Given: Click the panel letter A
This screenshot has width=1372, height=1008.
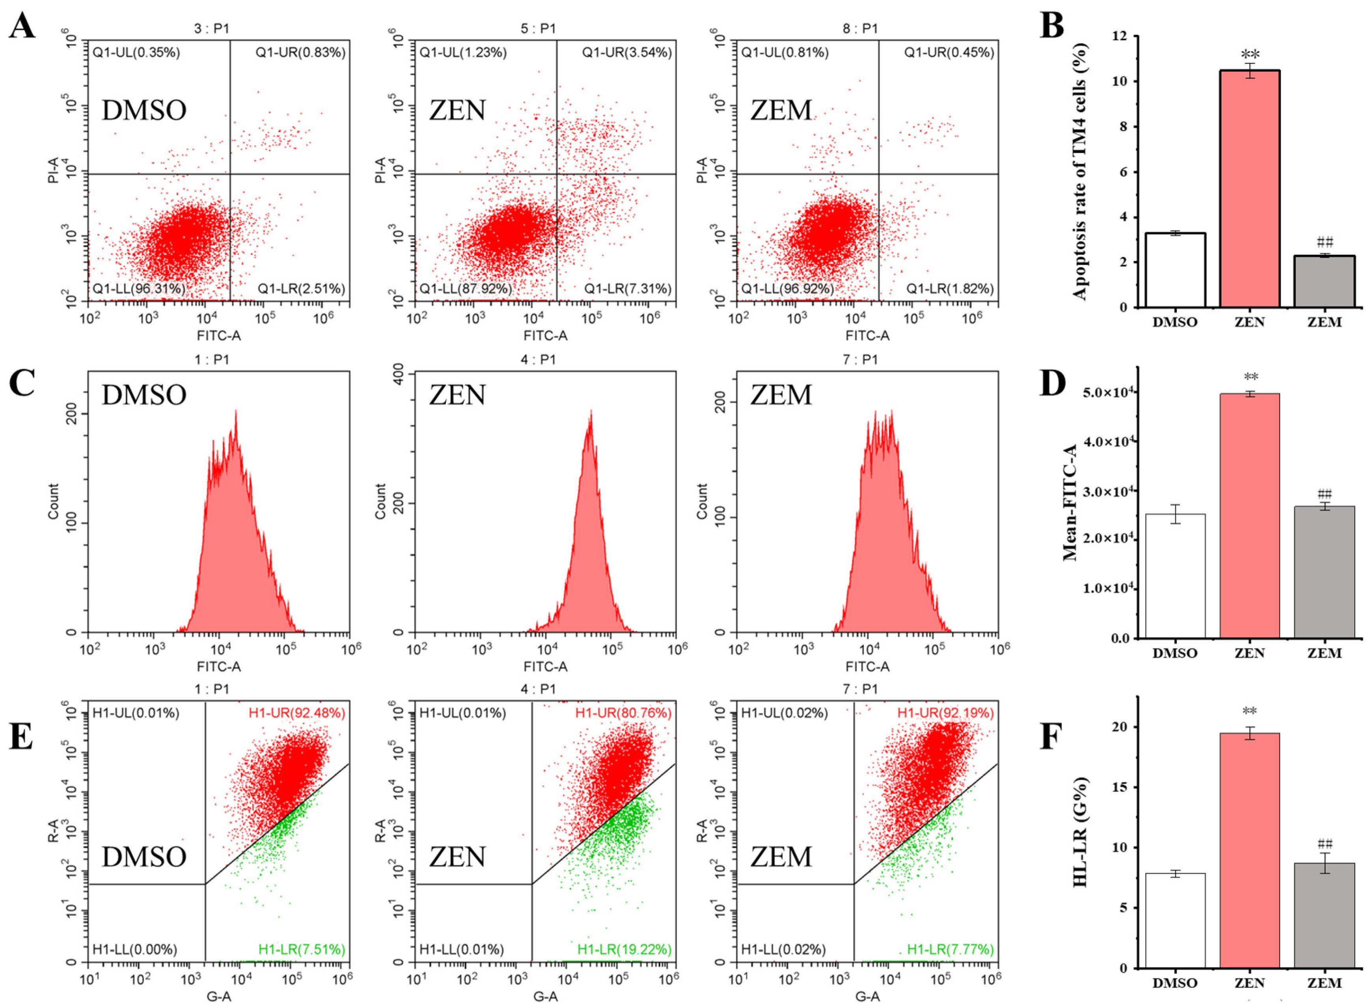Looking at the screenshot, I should point(22,28).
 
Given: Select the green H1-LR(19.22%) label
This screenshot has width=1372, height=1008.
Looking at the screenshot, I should point(624,949).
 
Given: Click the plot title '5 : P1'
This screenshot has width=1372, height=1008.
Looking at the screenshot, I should point(539,29).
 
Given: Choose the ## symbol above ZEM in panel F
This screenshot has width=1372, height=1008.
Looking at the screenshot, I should point(1324,844).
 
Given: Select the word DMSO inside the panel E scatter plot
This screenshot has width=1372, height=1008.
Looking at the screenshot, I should point(144,857).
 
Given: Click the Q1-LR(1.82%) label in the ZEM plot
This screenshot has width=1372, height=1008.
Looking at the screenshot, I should point(949,289).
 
